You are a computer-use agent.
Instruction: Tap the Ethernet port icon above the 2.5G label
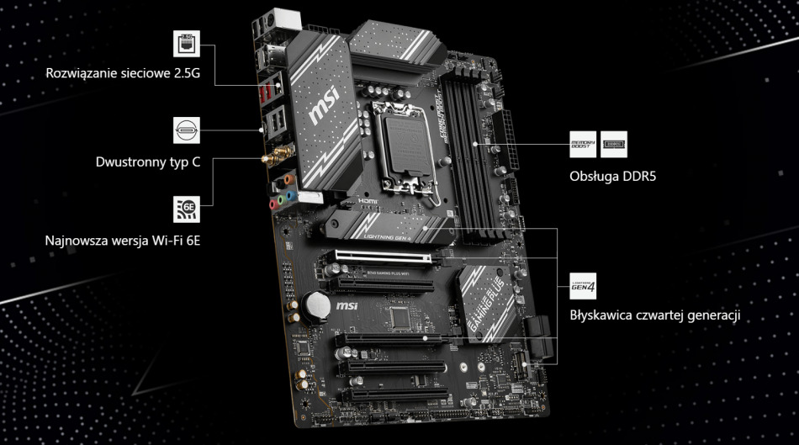tap(186, 44)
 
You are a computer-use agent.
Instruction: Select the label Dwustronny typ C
tap(147, 162)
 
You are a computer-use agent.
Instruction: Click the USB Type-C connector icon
tap(186, 130)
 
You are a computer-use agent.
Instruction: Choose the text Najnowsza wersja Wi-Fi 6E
tap(122, 241)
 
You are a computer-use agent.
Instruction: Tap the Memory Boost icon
tap(582, 143)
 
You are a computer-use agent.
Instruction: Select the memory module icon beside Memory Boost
tap(614, 143)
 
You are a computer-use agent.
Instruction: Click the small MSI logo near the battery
tap(347, 309)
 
